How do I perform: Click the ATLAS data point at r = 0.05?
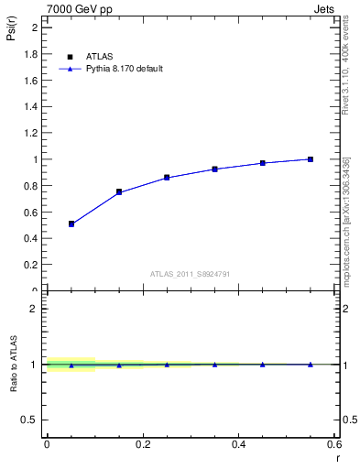point(71,224)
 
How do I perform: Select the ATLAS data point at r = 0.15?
point(119,191)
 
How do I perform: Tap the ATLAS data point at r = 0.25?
point(167,178)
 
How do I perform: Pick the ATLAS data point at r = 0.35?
point(214,169)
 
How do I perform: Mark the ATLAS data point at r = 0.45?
point(263,163)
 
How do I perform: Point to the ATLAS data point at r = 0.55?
point(311,159)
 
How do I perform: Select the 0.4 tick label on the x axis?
point(239,443)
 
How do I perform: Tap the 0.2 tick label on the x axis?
point(143,443)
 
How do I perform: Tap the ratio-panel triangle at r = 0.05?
point(71,365)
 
